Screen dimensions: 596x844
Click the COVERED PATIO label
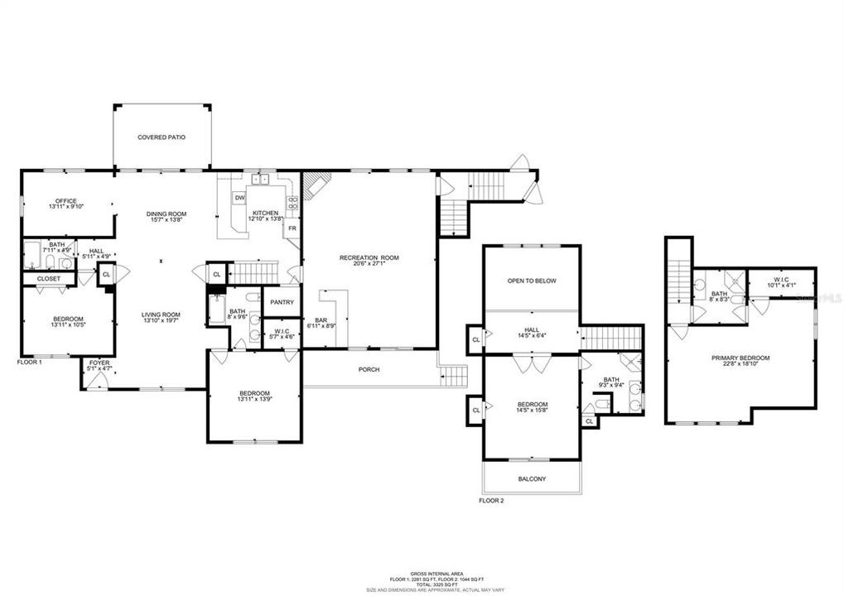click(162, 137)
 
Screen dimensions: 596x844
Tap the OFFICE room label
click(65, 201)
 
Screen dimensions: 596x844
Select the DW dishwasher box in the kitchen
click(239, 198)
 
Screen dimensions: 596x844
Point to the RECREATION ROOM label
click(369, 257)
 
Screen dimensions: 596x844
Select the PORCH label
click(369, 369)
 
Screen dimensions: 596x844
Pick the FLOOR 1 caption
click(30, 362)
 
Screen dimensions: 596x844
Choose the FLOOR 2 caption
click(491, 500)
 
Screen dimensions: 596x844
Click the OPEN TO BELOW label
click(532, 281)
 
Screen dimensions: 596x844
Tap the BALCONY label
click(532, 478)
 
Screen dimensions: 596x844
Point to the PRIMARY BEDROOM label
click(740, 358)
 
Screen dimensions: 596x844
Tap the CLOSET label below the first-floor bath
click(48, 278)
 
